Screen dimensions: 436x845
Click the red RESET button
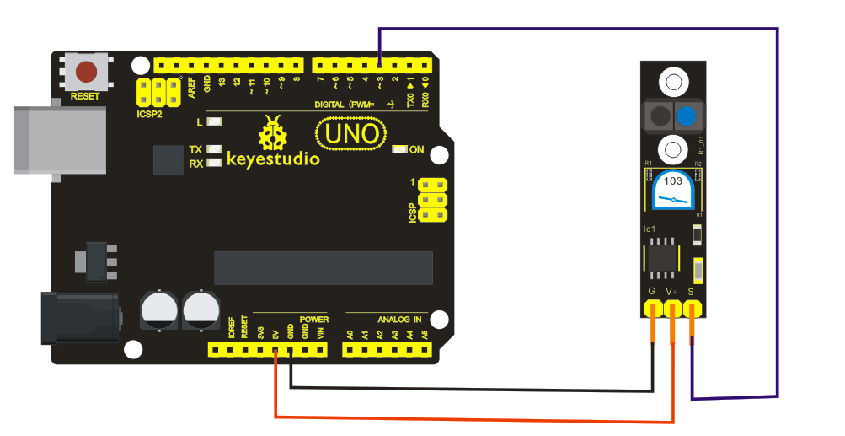[x=85, y=71]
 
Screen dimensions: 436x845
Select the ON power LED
[x=399, y=150]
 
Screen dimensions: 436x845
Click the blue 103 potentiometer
[x=673, y=191]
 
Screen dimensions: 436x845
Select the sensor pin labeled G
[x=653, y=310]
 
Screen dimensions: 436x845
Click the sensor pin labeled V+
[x=672, y=310]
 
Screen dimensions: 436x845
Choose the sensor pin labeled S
[x=692, y=310]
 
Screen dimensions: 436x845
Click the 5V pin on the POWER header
[x=275, y=348]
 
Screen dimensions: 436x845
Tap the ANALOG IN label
[x=399, y=320]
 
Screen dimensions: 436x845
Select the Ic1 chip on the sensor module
[x=660, y=256]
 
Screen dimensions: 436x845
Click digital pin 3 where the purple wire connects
[x=380, y=65]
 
